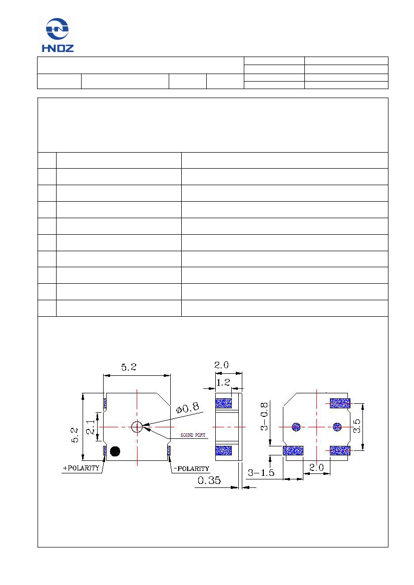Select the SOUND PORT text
(x=193, y=435)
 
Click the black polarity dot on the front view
(x=115, y=451)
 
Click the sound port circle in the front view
(x=137, y=427)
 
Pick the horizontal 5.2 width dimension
(x=128, y=367)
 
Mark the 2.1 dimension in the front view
(x=90, y=427)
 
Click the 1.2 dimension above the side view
(x=223, y=383)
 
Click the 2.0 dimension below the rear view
(x=316, y=467)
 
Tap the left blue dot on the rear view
(x=296, y=427)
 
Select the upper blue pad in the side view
(x=223, y=403)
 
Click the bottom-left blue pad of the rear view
(x=293, y=451)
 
